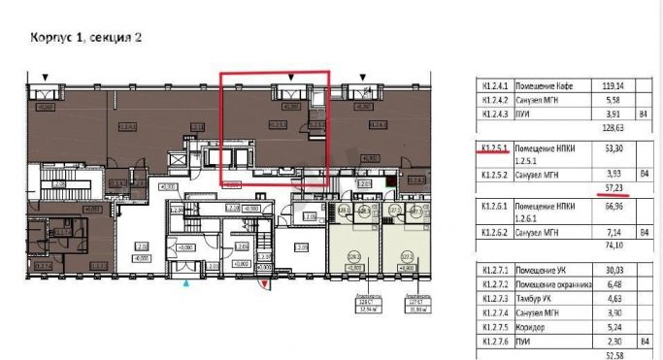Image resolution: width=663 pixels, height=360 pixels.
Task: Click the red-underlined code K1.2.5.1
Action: pyautogui.click(x=496, y=148)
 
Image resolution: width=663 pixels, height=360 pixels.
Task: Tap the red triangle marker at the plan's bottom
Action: pyautogui.click(x=265, y=282)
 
